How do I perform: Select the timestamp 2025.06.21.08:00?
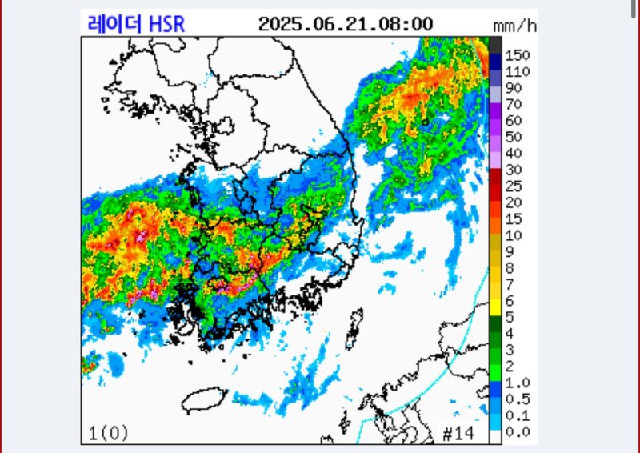pos(345,23)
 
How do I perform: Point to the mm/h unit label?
pos(515,26)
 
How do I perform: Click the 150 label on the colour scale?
pos(518,55)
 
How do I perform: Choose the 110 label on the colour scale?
pos(518,71)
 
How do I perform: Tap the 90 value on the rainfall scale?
pos(514,88)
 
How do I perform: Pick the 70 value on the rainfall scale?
pos(514,104)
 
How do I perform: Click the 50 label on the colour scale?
pos(514,137)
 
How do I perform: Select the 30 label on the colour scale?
pos(514,170)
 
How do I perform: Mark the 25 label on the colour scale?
pos(514,186)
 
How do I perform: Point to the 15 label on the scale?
pos(514,218)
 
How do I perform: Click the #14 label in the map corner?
pos(458,433)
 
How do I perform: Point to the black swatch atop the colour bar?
pos(496,44)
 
